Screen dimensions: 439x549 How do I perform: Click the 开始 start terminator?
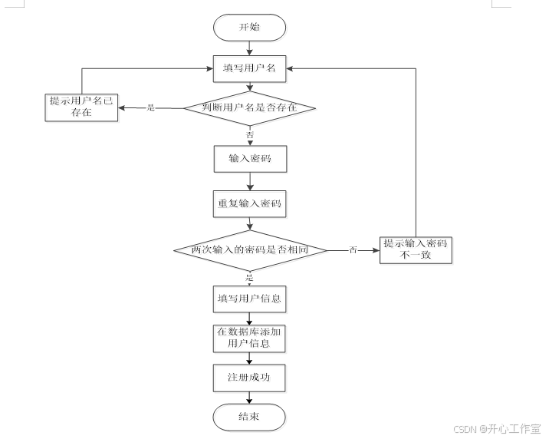click(x=249, y=26)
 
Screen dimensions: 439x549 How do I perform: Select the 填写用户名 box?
click(x=249, y=68)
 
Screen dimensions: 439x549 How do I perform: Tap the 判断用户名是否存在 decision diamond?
click(x=249, y=107)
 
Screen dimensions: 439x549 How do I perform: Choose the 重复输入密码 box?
click(x=249, y=205)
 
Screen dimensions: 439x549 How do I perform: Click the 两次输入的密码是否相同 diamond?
click(x=249, y=250)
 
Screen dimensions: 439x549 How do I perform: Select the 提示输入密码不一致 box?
click(x=416, y=250)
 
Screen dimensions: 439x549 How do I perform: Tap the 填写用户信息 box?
click(x=249, y=299)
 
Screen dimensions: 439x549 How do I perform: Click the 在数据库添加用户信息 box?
click(x=249, y=338)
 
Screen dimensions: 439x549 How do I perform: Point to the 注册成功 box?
click(x=249, y=378)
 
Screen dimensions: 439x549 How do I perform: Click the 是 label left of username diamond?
click(x=150, y=107)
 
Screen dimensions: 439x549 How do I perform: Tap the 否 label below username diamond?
click(x=249, y=134)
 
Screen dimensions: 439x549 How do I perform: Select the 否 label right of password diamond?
click(x=353, y=250)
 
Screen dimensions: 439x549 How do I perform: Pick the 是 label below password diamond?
click(x=249, y=276)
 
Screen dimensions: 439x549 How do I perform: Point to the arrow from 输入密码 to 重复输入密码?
click(x=249, y=181)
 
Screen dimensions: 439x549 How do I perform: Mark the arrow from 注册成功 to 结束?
click(x=249, y=397)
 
